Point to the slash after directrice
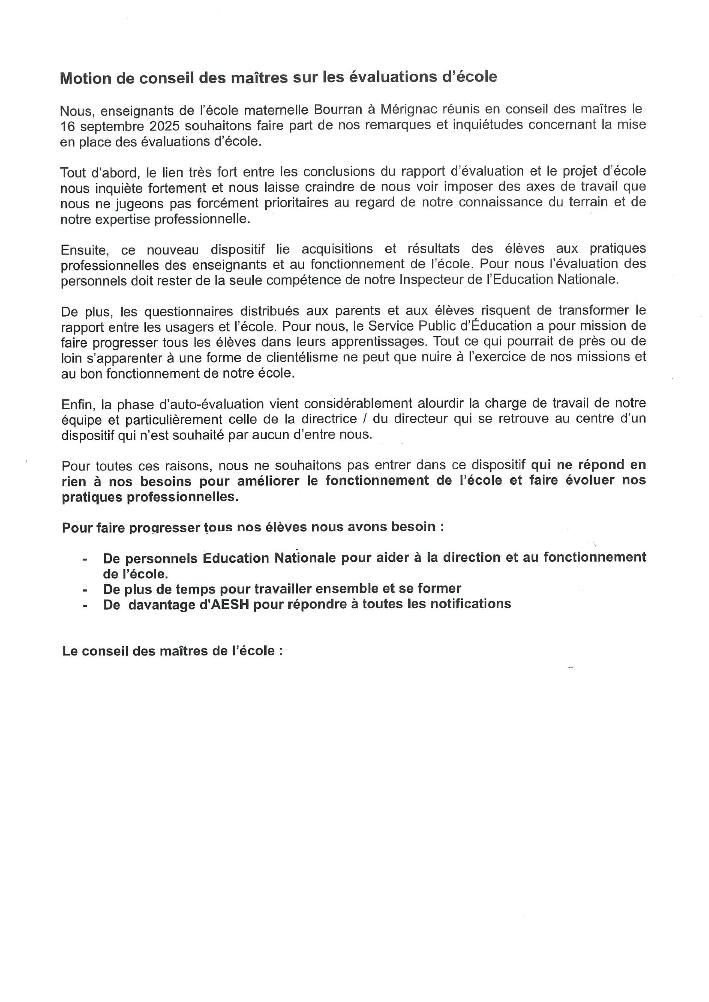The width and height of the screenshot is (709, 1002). tap(364, 419)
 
